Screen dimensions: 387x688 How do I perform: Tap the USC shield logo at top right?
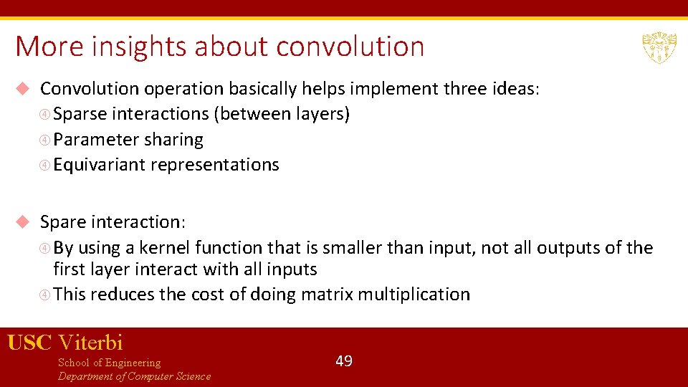pos(659,47)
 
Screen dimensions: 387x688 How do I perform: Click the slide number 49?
pos(344,361)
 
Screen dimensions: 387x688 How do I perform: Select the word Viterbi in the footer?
pos(90,343)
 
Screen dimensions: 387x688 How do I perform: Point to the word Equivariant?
pos(99,165)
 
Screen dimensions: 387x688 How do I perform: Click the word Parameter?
pos(96,140)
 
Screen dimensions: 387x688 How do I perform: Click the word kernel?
pos(164,248)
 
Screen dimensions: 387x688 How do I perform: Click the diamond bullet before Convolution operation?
pos(22,89)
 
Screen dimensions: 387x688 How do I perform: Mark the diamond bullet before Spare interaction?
pos(22,222)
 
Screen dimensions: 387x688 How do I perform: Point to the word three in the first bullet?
pos(467,89)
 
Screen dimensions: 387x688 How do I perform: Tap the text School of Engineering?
pos(109,363)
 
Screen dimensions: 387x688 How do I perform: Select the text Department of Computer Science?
pos(134,376)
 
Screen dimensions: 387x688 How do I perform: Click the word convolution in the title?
pos(350,47)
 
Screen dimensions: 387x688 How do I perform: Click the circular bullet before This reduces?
pos(45,295)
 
